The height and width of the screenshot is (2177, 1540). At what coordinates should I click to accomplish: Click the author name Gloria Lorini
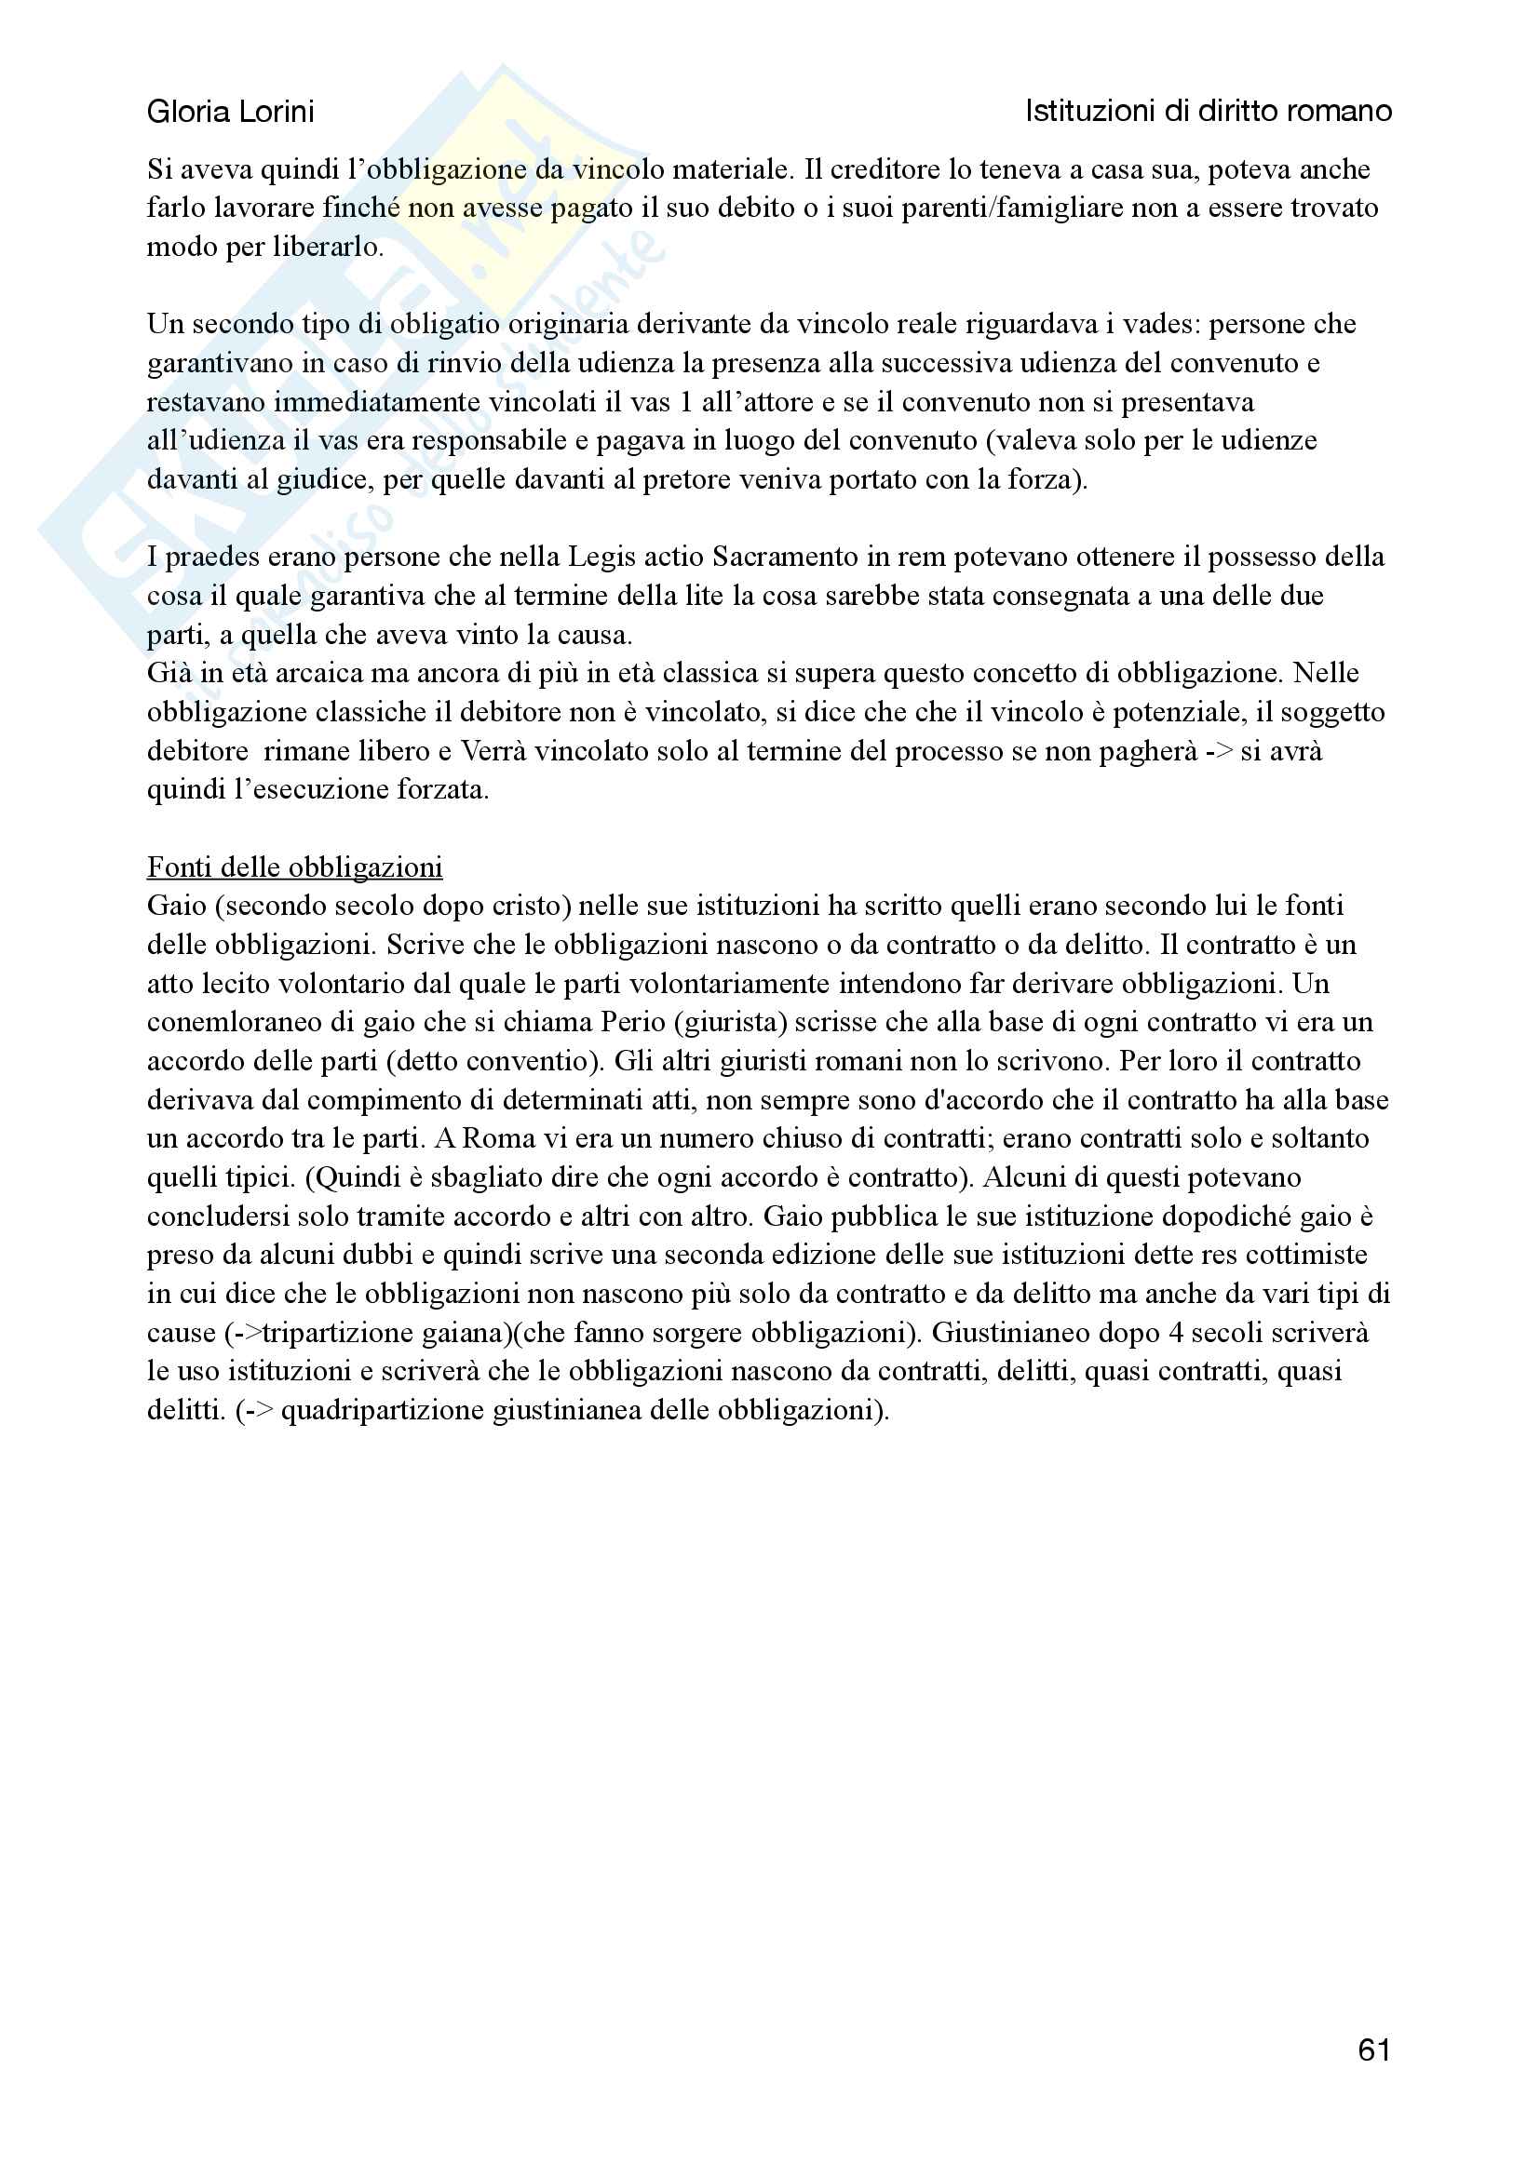[x=230, y=112]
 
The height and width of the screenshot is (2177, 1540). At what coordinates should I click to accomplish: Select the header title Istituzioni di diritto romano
[x=1209, y=112]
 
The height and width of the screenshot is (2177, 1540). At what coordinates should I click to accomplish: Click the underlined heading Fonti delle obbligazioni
[x=294, y=867]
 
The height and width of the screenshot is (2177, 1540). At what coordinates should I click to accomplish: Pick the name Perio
[x=636, y=1022]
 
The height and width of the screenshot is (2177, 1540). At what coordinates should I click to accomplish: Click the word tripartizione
[x=337, y=1332]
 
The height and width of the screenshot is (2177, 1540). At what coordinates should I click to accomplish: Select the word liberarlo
[x=327, y=248]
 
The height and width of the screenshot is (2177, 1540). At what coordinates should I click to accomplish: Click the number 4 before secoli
[x=1175, y=1332]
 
